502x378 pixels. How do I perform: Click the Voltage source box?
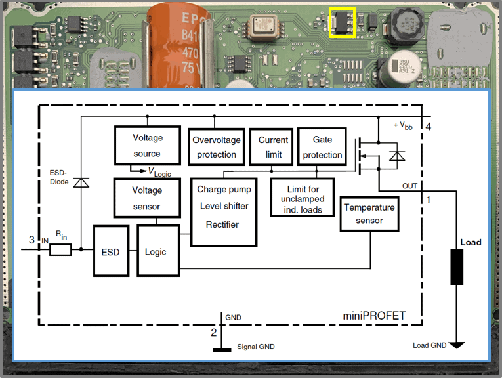(x=147, y=146)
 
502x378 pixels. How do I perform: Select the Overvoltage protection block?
(x=216, y=147)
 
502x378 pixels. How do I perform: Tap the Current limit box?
(x=273, y=147)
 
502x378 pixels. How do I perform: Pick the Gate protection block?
(x=322, y=147)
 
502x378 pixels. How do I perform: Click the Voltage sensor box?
(x=147, y=198)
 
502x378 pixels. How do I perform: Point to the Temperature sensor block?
(x=369, y=214)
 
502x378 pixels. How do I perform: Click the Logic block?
(x=156, y=251)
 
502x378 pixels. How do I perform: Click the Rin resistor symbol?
(x=60, y=249)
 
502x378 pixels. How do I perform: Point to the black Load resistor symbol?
(x=457, y=266)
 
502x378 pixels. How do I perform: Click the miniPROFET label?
(x=374, y=316)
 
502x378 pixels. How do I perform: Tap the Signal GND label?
(x=256, y=346)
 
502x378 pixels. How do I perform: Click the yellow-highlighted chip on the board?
(x=342, y=23)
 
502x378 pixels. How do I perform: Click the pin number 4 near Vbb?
(x=429, y=126)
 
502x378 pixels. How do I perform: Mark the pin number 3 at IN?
(x=31, y=240)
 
